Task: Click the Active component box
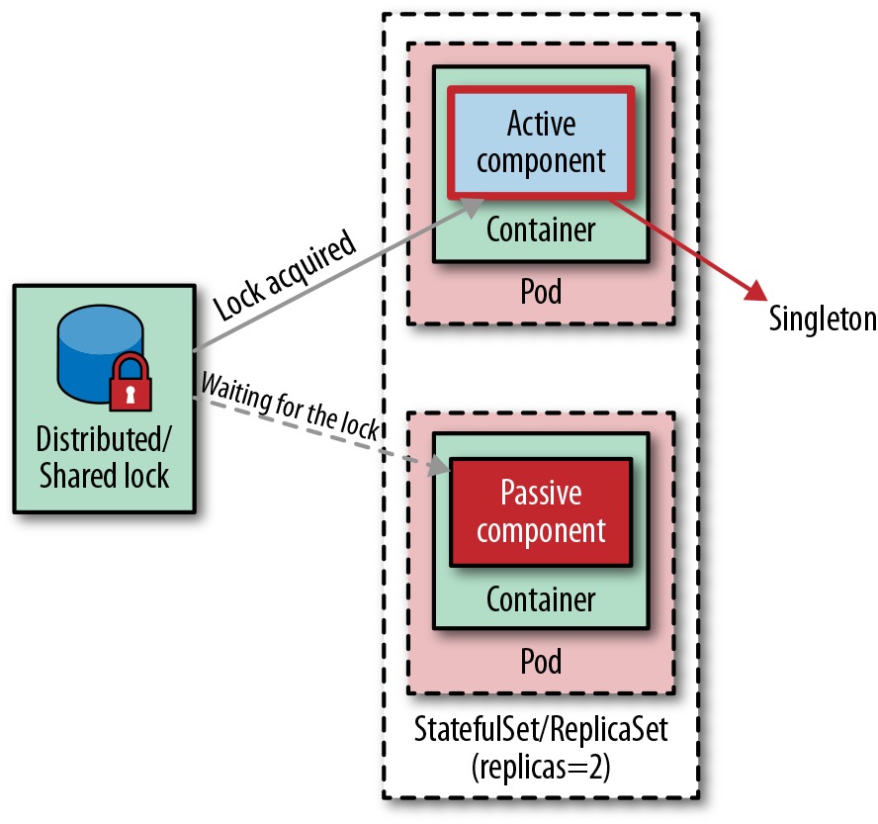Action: pos(541,142)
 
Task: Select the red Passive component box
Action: pos(541,512)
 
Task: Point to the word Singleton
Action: pos(823,319)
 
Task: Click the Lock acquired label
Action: pos(285,275)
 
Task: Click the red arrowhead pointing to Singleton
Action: pos(756,290)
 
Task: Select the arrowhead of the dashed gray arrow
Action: pos(439,466)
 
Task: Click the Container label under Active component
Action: pos(541,229)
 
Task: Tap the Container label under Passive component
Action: pos(541,599)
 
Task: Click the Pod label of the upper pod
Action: pos(541,291)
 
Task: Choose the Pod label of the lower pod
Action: pos(541,661)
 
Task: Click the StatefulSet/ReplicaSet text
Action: pos(541,729)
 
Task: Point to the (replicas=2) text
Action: pos(541,767)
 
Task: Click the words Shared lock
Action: pos(104,475)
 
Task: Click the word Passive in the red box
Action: pos(541,493)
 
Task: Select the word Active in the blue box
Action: pos(541,123)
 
